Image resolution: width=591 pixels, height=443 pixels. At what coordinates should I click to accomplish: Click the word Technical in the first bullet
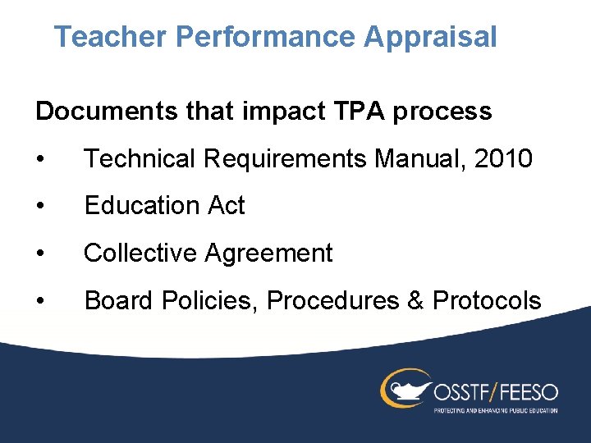(x=140, y=158)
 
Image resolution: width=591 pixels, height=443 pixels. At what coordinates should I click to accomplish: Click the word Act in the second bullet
(x=227, y=206)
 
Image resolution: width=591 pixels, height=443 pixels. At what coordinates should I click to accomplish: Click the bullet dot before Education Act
(x=40, y=206)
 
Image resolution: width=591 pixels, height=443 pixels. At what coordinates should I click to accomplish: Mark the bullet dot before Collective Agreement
(x=40, y=253)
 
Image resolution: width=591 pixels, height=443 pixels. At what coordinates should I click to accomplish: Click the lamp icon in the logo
(x=403, y=388)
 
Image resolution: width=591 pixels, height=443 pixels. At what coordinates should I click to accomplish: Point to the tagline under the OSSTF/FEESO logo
(x=495, y=409)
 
